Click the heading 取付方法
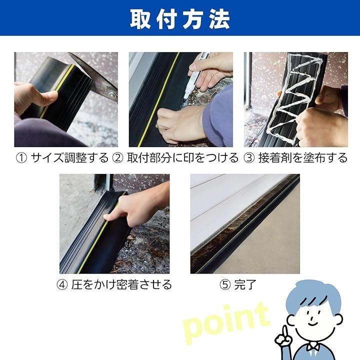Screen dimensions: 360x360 (x=180, y=19)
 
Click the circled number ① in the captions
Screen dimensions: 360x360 (x=21, y=158)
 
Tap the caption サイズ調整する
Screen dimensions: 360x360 (x=69, y=158)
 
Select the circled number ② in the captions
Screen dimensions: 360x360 (x=118, y=158)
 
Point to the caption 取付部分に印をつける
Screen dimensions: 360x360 (x=183, y=158)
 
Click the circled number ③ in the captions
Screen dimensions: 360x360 (x=249, y=158)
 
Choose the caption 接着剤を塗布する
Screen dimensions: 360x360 (x=303, y=158)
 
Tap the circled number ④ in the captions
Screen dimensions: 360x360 (x=62, y=285)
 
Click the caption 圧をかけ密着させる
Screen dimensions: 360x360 (x=121, y=284)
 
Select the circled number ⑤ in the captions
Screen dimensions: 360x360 (x=225, y=285)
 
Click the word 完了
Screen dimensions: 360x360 (x=245, y=284)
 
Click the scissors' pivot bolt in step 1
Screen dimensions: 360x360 (x=112, y=95)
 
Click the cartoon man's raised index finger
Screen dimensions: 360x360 (x=285, y=330)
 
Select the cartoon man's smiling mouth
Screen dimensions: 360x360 (x=312, y=323)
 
